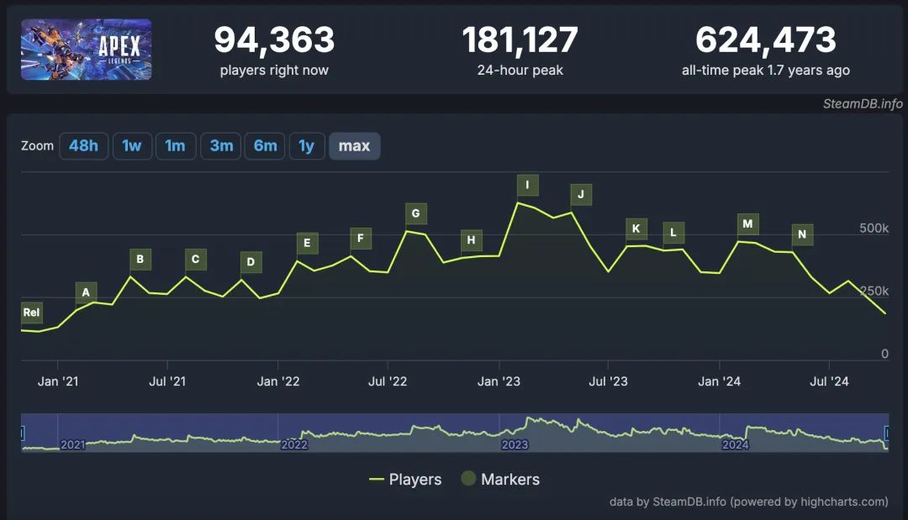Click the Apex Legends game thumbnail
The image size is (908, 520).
[86, 50]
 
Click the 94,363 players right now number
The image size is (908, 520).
[274, 39]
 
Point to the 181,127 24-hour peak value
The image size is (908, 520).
[520, 39]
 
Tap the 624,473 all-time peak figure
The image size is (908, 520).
[765, 39]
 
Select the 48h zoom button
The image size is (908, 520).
[83, 146]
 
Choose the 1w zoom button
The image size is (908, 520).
[132, 146]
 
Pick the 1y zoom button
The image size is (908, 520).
[307, 146]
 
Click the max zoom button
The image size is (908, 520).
[354, 146]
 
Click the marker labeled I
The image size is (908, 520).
[527, 186]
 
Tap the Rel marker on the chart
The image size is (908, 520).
[31, 313]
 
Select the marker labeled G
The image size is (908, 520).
[415, 213]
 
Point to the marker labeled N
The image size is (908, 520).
[802, 234]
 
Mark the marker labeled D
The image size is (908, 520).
[251, 262]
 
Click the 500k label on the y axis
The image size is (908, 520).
[874, 228]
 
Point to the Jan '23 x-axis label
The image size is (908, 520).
[499, 381]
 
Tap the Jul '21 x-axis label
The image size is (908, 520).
[167, 381]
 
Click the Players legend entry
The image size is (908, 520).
[405, 480]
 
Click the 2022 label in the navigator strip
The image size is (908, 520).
[294, 444]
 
